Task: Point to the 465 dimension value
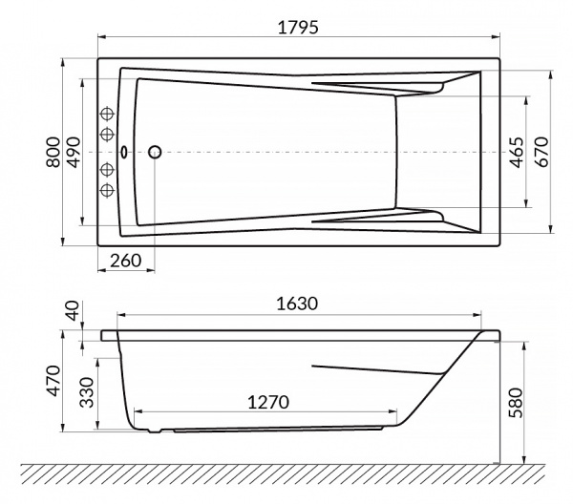point(517,152)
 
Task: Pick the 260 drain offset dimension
point(127,261)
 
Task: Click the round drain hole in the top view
point(155,151)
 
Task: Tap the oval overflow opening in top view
point(124,151)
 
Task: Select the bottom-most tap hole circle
point(107,189)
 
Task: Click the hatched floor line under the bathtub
point(286,473)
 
